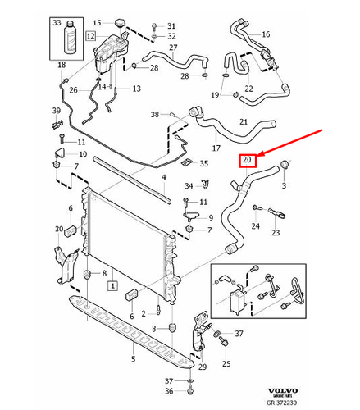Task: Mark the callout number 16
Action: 264,34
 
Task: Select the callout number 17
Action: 216,148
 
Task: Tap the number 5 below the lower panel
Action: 133,358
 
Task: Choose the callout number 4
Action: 163,176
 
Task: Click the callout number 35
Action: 205,164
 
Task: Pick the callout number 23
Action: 275,233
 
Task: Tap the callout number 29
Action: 202,366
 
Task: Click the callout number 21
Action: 243,121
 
